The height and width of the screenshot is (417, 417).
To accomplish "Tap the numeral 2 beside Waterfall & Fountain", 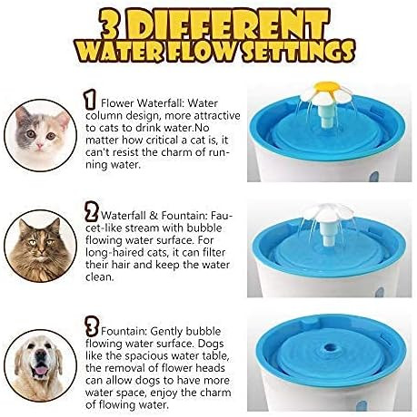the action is pos(91,211).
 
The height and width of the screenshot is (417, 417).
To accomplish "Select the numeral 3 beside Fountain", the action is pos(92,326).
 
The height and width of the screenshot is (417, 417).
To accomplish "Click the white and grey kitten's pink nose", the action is pos(40,146).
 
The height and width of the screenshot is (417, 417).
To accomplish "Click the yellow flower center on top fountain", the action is pos(327,87).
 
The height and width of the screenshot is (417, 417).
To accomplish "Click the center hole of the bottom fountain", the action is pos(330,348).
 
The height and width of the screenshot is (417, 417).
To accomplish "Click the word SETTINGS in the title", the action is pos(298,51).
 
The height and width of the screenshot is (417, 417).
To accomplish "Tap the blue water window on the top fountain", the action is pos(374,177).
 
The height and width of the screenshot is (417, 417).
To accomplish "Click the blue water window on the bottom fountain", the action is pos(361,405).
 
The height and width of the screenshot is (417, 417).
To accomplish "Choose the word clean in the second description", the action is pos(99,276).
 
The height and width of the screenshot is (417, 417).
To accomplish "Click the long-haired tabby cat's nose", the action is pos(40,250).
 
